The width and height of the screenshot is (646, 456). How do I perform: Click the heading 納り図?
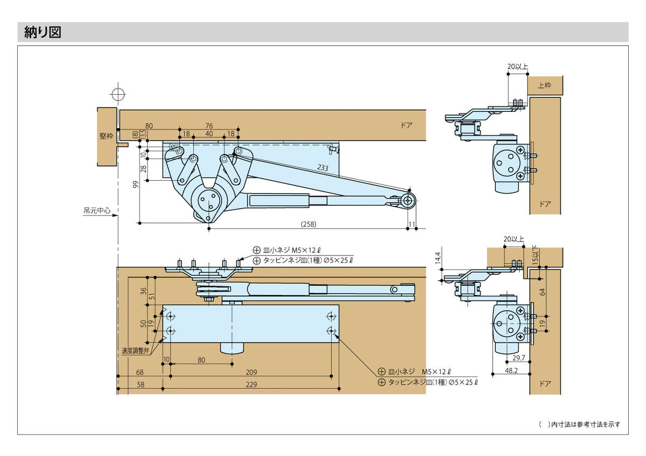point(43,33)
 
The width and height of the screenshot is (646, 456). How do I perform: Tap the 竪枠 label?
point(106,136)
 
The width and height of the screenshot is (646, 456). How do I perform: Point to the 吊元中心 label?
point(97,211)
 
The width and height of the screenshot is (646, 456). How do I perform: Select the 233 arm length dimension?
point(322,168)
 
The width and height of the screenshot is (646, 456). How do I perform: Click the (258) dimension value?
point(308,224)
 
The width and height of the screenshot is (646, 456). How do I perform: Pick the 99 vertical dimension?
point(136,184)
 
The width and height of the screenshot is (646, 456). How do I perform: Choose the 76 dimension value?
point(209,126)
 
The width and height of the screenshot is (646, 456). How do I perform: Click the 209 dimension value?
point(251,372)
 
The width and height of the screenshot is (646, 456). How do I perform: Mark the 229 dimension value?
point(251,384)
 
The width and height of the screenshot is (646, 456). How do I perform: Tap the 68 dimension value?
point(141,372)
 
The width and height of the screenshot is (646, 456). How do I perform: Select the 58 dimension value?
point(141,384)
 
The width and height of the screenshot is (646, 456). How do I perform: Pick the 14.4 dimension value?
point(438,258)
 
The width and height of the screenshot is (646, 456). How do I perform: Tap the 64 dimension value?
point(543,292)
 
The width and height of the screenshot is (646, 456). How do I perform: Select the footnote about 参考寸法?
point(579,424)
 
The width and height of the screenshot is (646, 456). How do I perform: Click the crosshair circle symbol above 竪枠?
point(117,94)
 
